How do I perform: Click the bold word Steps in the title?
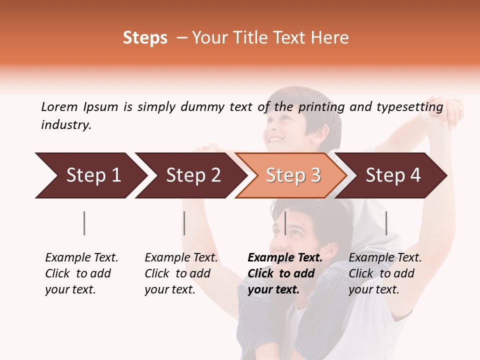[x=145, y=38]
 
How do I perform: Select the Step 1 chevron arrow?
[x=90, y=175]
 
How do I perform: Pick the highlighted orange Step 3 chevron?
[x=292, y=175]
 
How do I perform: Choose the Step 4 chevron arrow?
[x=392, y=175]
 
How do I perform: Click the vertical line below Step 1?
[x=84, y=223]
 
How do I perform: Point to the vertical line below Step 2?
[x=184, y=223]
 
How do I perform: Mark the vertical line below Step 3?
[x=285, y=223]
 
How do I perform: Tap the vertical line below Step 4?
[x=386, y=223]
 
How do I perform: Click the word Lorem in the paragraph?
[x=59, y=106]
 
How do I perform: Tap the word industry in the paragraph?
[x=66, y=125]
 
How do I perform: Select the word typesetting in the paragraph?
[x=409, y=107]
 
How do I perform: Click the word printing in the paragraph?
[x=319, y=107]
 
